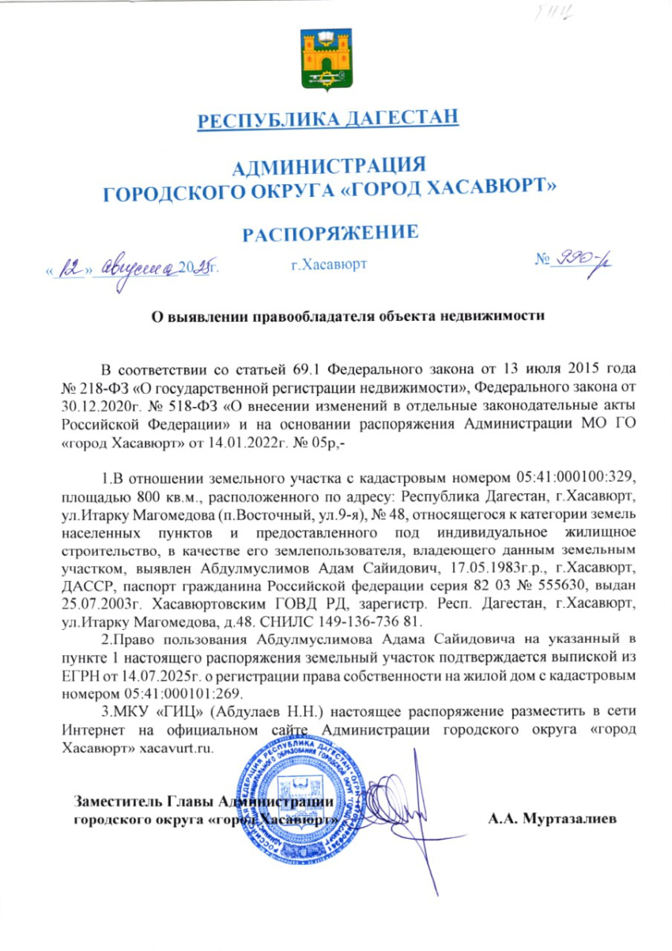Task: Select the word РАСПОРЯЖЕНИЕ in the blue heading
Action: [x=329, y=232]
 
